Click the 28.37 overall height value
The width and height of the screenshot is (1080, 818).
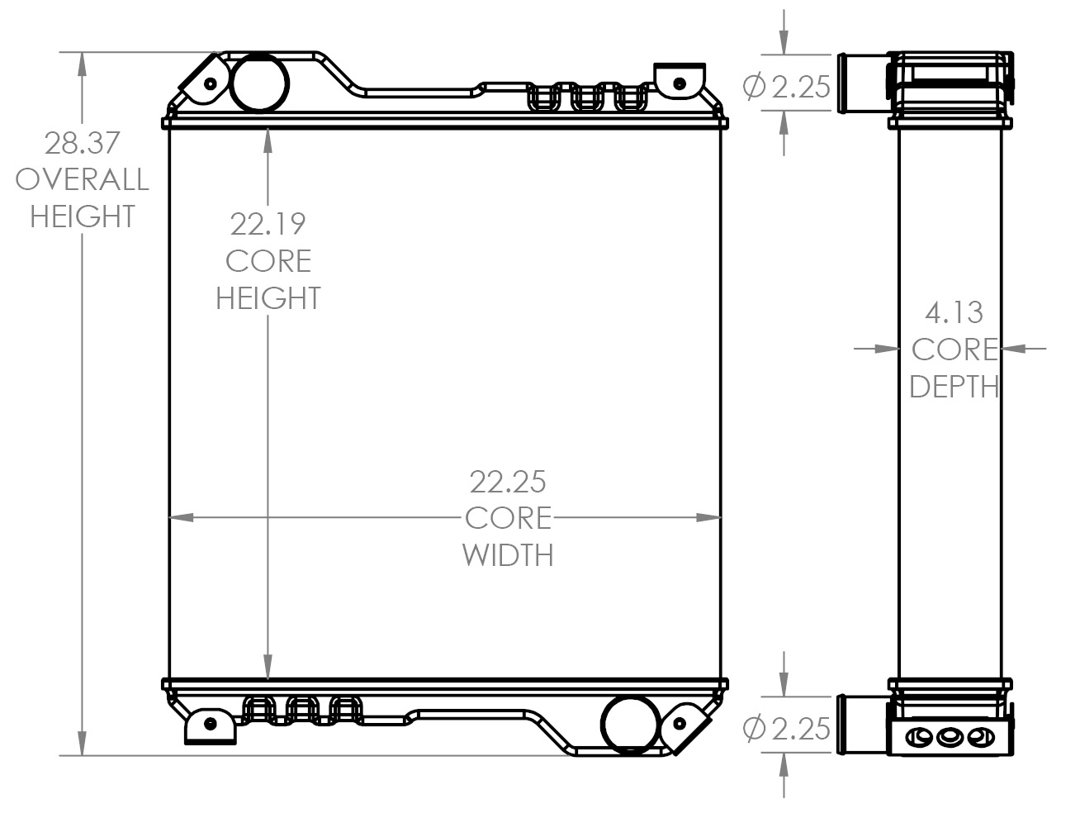82,143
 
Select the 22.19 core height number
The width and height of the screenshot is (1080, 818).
268,224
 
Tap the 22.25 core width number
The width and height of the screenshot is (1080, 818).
508,481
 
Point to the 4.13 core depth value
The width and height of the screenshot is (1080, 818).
954,312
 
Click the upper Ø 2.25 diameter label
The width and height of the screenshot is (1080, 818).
786,86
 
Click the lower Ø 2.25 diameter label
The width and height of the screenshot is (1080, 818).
786,728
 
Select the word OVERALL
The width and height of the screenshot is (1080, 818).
82,179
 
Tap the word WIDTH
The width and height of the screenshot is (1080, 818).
508,554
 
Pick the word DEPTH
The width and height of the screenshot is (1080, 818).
954,386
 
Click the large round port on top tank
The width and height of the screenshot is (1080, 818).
260,82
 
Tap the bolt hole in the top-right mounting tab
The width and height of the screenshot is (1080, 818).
680,83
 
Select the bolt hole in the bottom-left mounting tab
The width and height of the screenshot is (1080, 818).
211,724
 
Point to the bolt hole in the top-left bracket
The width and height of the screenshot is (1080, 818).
210,83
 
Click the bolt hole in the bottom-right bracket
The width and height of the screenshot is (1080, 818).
680,723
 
